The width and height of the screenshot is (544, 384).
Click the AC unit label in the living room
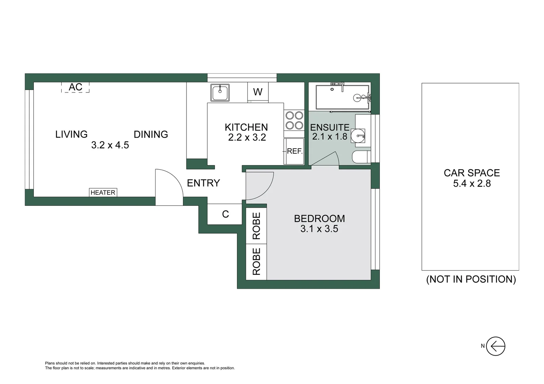click(x=75, y=87)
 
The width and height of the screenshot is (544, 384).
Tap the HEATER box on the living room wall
click(x=103, y=192)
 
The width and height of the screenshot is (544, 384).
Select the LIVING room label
click(x=71, y=134)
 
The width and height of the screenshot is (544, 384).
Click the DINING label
click(x=151, y=134)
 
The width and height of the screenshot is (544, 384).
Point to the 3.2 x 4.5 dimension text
click(x=110, y=145)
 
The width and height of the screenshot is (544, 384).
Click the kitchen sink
click(x=220, y=93)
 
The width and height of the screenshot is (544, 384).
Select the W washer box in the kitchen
click(x=258, y=92)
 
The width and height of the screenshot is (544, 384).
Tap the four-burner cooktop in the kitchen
click(x=294, y=120)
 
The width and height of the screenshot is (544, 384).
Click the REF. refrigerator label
click(x=294, y=151)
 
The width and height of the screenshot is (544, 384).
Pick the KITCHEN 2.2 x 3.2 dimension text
click(x=247, y=138)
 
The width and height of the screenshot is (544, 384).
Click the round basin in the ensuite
click(x=358, y=136)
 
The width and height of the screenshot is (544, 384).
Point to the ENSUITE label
click(x=329, y=127)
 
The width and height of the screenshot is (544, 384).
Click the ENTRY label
click(x=203, y=183)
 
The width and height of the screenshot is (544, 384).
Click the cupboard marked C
click(x=225, y=214)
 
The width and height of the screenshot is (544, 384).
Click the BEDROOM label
click(x=319, y=218)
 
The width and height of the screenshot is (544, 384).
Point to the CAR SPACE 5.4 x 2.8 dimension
click(x=472, y=183)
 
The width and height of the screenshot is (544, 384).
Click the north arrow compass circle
click(x=496, y=346)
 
